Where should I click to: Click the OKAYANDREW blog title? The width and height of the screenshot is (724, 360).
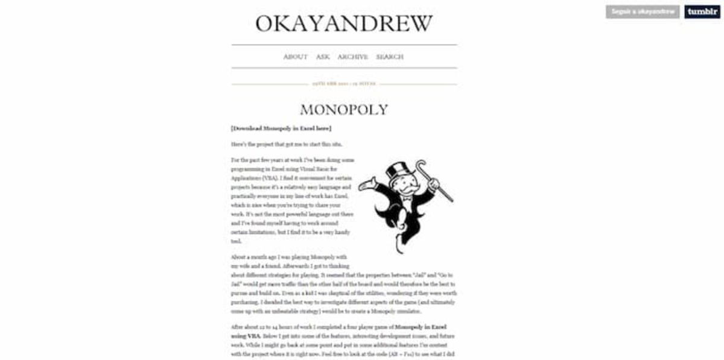click(344, 24)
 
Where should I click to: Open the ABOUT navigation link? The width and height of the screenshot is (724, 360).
click(295, 57)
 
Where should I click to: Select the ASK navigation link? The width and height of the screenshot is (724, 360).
click(323, 57)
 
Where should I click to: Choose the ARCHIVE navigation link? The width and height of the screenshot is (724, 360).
click(352, 57)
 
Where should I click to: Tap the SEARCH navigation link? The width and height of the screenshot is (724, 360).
click(390, 57)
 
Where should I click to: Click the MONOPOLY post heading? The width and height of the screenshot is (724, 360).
click(344, 110)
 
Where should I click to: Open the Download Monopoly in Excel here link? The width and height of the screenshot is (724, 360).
click(281, 128)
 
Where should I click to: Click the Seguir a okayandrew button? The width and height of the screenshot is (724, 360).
click(643, 12)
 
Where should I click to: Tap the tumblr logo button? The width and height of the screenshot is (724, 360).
click(702, 12)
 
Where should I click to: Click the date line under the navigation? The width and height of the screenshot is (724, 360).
click(344, 84)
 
